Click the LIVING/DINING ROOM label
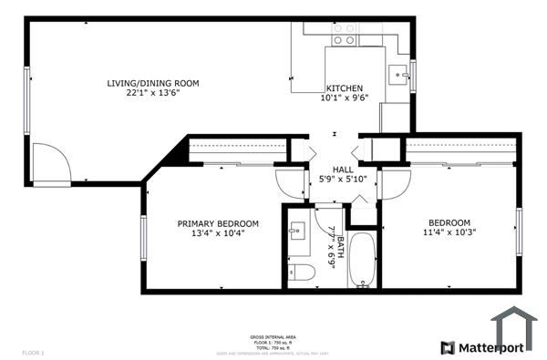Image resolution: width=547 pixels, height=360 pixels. tap(150, 83)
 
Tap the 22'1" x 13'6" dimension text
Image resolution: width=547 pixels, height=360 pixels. tap(150, 94)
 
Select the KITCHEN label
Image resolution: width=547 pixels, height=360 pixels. tap(345, 88)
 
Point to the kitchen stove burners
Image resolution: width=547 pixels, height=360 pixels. tap(344, 35)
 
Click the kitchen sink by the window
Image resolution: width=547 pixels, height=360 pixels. tap(398, 74)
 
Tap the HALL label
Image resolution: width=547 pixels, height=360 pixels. tap(343, 170)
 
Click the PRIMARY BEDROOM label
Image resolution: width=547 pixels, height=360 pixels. tap(218, 223)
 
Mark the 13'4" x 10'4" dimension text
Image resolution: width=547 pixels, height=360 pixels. tap(218, 233)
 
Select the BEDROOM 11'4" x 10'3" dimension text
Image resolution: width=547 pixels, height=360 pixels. tap(449, 233)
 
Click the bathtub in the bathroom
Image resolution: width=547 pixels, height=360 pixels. tap(362, 261)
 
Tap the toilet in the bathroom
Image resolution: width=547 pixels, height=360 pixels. tap(302, 272)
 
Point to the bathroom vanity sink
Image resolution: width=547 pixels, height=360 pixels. tap(297, 231)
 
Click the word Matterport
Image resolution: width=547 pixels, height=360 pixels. tap(490, 347)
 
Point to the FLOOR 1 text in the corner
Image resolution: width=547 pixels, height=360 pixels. tap(32, 351)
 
